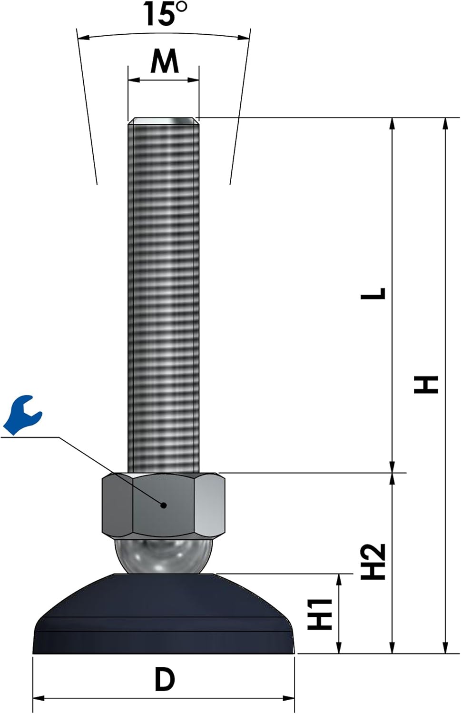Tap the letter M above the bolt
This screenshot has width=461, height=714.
click(165, 61)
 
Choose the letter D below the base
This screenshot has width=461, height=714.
click(165, 679)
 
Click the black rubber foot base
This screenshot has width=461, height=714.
click(163, 619)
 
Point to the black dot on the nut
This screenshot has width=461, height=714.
click(163, 506)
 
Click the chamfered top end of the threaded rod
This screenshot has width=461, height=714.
click(163, 121)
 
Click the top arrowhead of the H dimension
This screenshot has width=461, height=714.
click(445, 123)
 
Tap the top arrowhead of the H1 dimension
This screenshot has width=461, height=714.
click(339, 579)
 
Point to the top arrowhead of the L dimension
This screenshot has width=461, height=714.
click(392, 123)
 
